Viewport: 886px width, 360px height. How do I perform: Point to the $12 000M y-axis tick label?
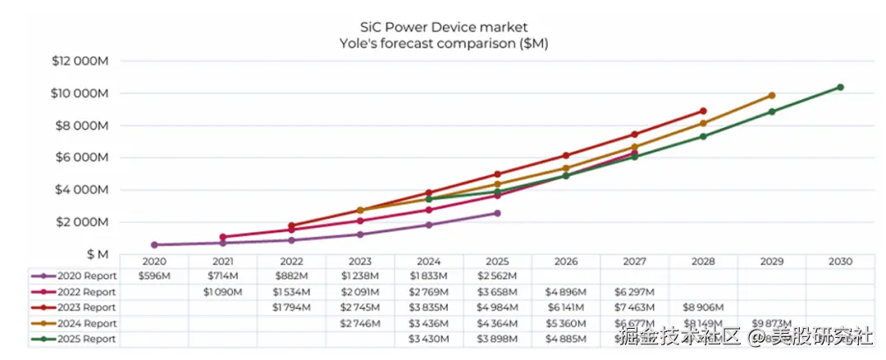click(x=80, y=62)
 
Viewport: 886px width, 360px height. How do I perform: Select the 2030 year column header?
click(x=840, y=262)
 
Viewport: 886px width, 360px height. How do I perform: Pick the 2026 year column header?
click(x=565, y=262)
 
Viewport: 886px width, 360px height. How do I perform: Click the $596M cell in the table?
click(x=154, y=276)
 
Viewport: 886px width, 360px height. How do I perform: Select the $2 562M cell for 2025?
click(x=496, y=276)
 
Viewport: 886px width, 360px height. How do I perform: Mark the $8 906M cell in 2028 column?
click(x=702, y=308)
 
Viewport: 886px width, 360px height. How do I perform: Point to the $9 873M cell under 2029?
click(x=771, y=323)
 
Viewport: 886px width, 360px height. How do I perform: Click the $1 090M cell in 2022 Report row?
click(x=222, y=292)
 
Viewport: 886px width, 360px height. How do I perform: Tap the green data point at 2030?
click(x=840, y=87)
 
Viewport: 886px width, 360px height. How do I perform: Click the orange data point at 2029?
click(x=771, y=95)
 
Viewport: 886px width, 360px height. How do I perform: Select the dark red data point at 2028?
click(x=703, y=111)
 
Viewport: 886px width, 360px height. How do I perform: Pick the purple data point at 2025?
click(x=497, y=213)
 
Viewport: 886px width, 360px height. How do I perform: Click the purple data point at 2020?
click(x=154, y=244)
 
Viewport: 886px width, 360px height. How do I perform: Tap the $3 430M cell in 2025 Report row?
click(x=428, y=339)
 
